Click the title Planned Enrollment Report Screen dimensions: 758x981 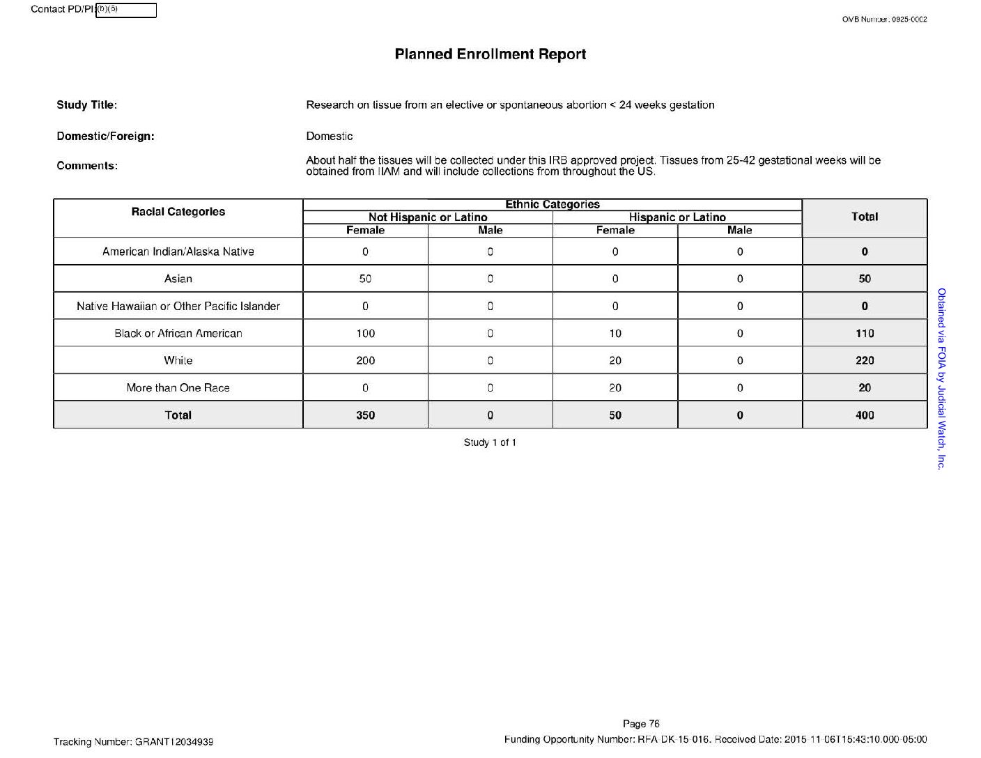click(x=490, y=54)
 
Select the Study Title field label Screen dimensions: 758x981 click(x=86, y=105)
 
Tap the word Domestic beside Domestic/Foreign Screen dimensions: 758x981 click(x=329, y=137)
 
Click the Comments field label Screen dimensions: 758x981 click(x=87, y=166)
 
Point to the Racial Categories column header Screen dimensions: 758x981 click(x=178, y=212)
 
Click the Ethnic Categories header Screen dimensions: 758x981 click(x=552, y=204)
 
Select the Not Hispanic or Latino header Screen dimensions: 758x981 click(x=428, y=217)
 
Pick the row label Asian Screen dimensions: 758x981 click(x=178, y=279)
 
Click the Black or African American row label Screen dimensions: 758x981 click(x=178, y=333)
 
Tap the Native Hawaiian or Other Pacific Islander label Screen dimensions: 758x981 click(x=178, y=306)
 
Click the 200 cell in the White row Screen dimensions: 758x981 click(x=365, y=360)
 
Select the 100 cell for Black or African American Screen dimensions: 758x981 click(x=365, y=333)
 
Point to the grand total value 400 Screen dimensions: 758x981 click(x=864, y=415)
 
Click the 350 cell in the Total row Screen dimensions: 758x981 click(x=365, y=415)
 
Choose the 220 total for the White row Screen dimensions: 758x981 click(x=864, y=360)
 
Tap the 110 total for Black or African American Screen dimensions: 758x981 click(x=864, y=333)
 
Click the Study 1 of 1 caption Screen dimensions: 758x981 click(x=490, y=442)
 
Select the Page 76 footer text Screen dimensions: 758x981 click(x=641, y=724)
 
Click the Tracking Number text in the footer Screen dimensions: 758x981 click(x=133, y=742)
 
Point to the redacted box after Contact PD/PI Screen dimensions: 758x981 click(x=125, y=10)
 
